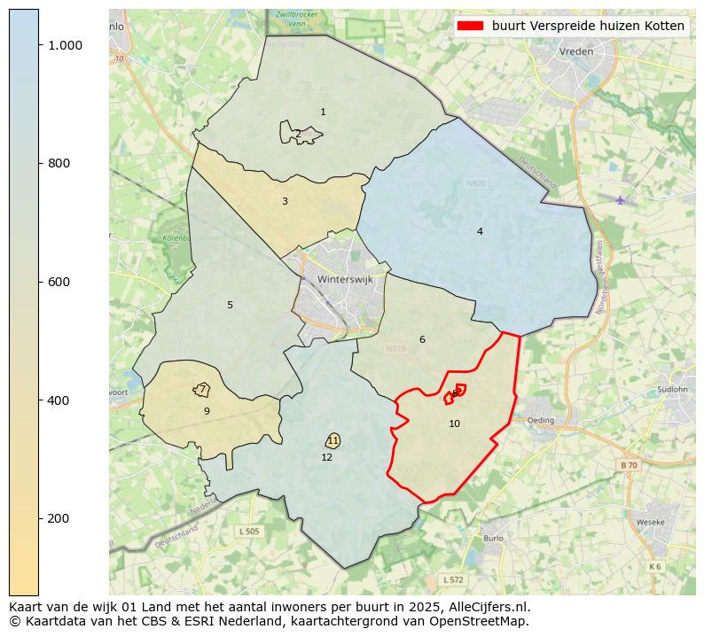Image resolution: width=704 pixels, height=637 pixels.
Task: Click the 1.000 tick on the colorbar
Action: click(65, 45)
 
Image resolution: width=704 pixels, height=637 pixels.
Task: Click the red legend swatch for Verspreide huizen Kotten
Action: click(469, 26)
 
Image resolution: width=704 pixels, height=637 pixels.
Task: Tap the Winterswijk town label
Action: click(345, 278)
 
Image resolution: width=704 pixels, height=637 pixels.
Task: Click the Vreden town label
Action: click(575, 51)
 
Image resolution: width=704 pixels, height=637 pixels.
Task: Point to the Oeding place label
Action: click(540, 420)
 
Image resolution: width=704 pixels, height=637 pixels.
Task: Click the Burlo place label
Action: click(493, 538)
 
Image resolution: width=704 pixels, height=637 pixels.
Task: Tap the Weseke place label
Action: click(651, 522)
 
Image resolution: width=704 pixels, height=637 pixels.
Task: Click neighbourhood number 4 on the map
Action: click(480, 231)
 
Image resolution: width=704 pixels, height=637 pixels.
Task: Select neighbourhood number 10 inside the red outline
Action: click(454, 423)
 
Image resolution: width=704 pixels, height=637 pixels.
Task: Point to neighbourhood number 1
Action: click(323, 112)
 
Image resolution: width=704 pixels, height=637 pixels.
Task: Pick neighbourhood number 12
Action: click(326, 457)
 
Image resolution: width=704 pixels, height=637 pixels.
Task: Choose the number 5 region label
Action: click(230, 305)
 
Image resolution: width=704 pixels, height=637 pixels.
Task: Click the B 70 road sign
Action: click(628, 464)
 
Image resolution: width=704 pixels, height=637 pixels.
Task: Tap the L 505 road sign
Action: click(249, 531)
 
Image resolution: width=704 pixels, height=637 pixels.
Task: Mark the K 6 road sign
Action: click(654, 566)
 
